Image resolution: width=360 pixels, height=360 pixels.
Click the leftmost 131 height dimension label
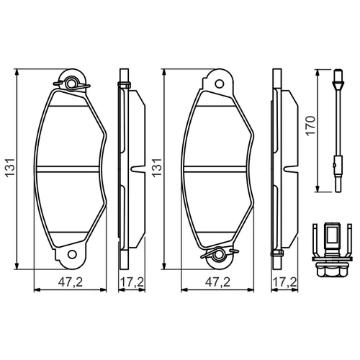tap(11, 168)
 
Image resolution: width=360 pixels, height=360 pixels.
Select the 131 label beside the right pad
tap(158, 168)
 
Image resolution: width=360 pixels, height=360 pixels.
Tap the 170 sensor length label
tap(310, 126)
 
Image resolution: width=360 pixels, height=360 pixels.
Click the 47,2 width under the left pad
tap(71, 282)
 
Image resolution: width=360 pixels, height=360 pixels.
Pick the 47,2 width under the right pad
tap(217, 282)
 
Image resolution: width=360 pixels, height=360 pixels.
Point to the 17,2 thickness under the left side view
tap(132, 282)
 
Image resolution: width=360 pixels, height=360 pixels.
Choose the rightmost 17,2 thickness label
tap(284, 282)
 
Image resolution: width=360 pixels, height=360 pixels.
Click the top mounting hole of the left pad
tap(71, 84)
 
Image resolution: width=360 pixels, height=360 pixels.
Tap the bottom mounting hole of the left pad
tap(72, 254)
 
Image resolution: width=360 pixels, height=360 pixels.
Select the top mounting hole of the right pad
tap(219, 84)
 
